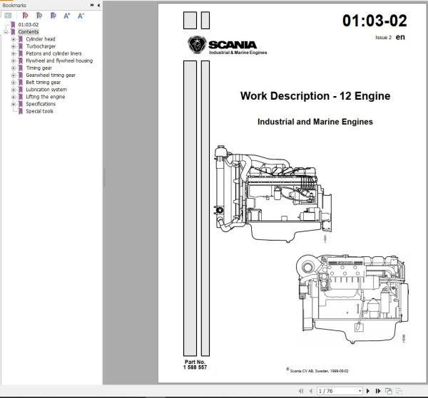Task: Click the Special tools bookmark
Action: pos(40,110)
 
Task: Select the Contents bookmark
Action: pos(29,32)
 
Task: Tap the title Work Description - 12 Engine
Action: pos(315,96)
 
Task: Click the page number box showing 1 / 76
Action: pos(330,391)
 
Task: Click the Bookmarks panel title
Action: pos(15,4)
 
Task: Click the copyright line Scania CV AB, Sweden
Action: pos(324,370)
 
